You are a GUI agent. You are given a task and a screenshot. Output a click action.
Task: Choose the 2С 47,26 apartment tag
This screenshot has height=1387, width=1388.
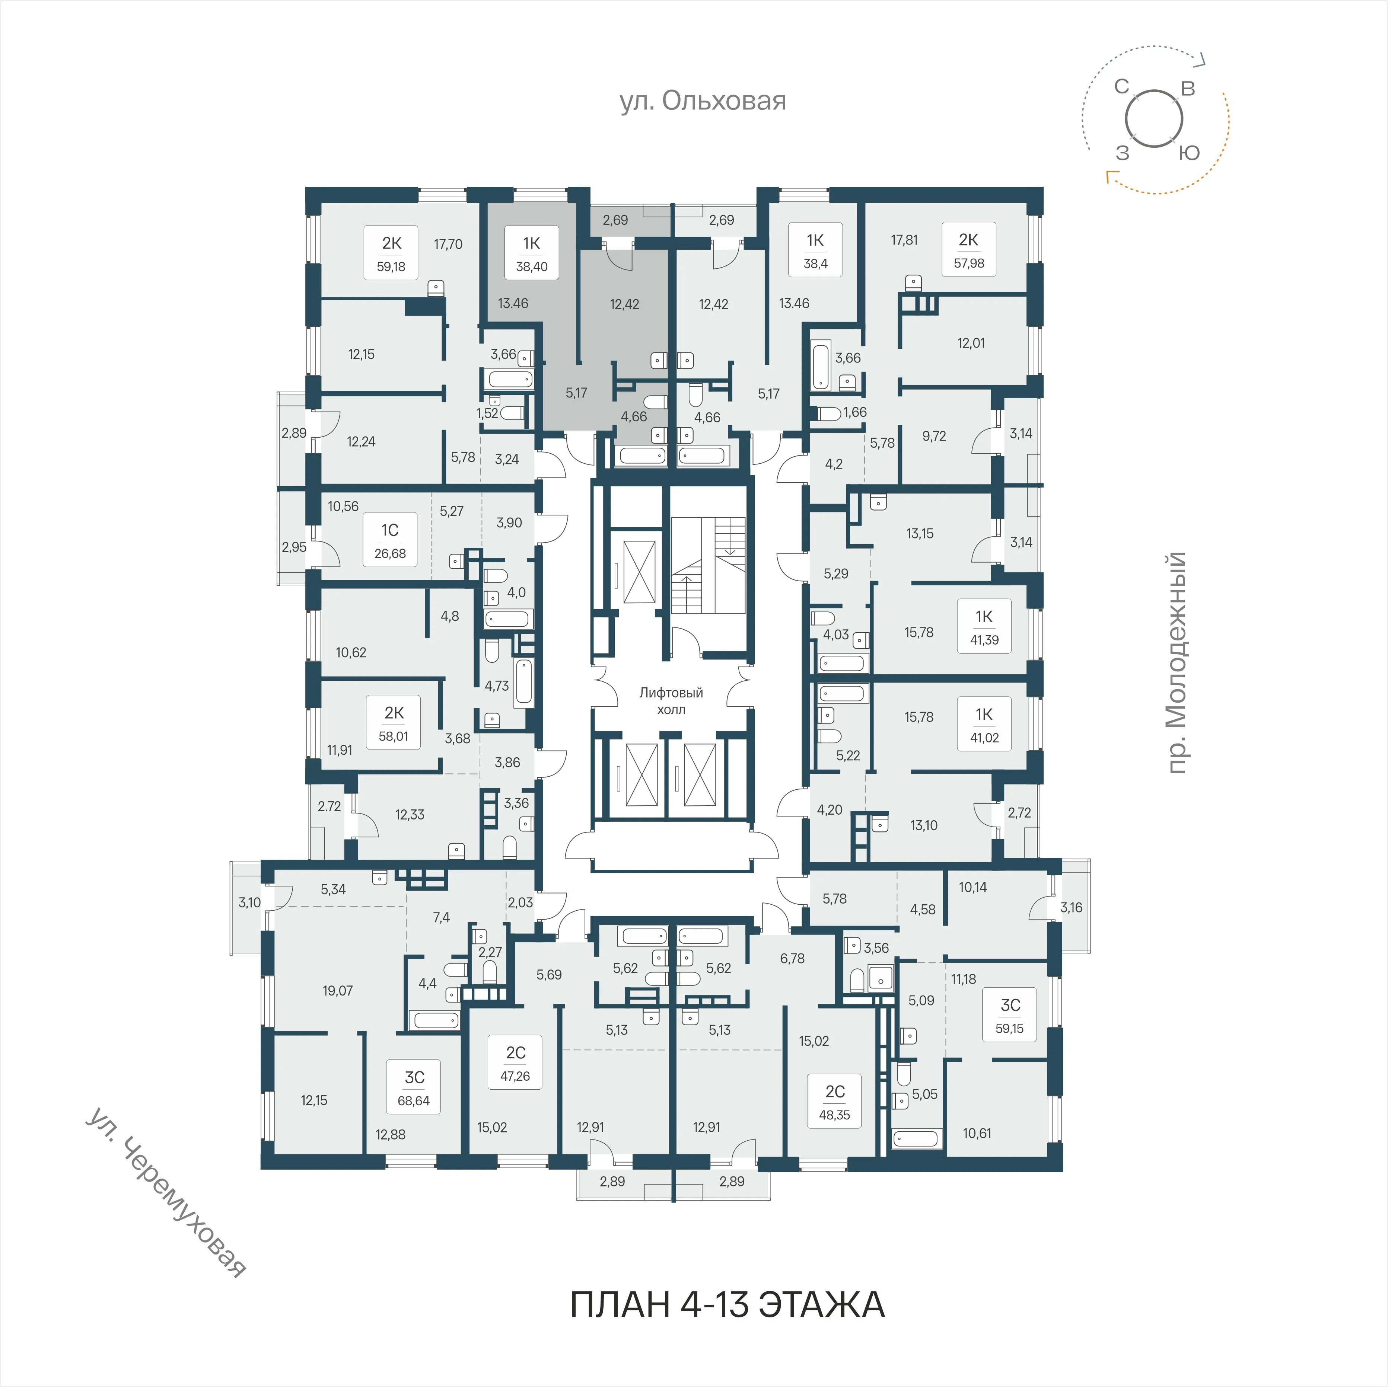(515, 1063)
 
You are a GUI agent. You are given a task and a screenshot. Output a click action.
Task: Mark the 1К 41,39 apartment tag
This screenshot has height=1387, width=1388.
(984, 626)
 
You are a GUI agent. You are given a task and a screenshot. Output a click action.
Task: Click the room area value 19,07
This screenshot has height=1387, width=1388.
(338, 991)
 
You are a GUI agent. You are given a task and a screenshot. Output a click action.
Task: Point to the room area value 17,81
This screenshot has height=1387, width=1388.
(904, 240)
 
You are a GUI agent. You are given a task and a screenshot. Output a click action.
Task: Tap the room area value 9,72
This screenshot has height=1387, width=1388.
(934, 436)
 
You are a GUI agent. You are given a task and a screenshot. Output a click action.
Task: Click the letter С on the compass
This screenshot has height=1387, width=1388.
(1122, 87)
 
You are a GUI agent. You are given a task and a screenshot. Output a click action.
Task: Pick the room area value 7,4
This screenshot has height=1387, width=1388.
(441, 917)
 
